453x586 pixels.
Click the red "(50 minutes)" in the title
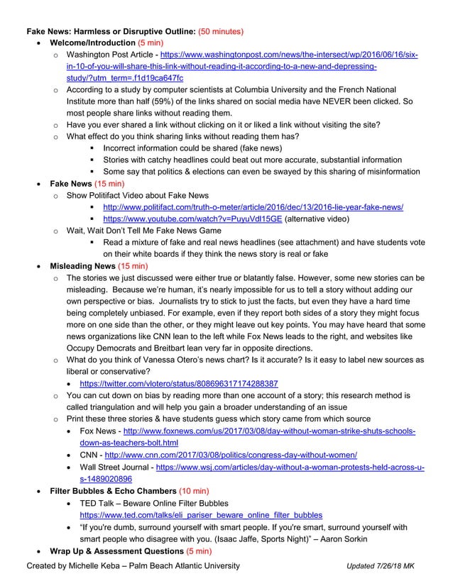[x=221, y=32]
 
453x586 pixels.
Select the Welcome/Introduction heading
[x=92, y=43]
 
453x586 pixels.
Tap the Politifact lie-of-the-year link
[x=253, y=207]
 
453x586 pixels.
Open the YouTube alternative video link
[x=192, y=219]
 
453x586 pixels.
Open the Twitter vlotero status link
[x=179, y=383]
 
